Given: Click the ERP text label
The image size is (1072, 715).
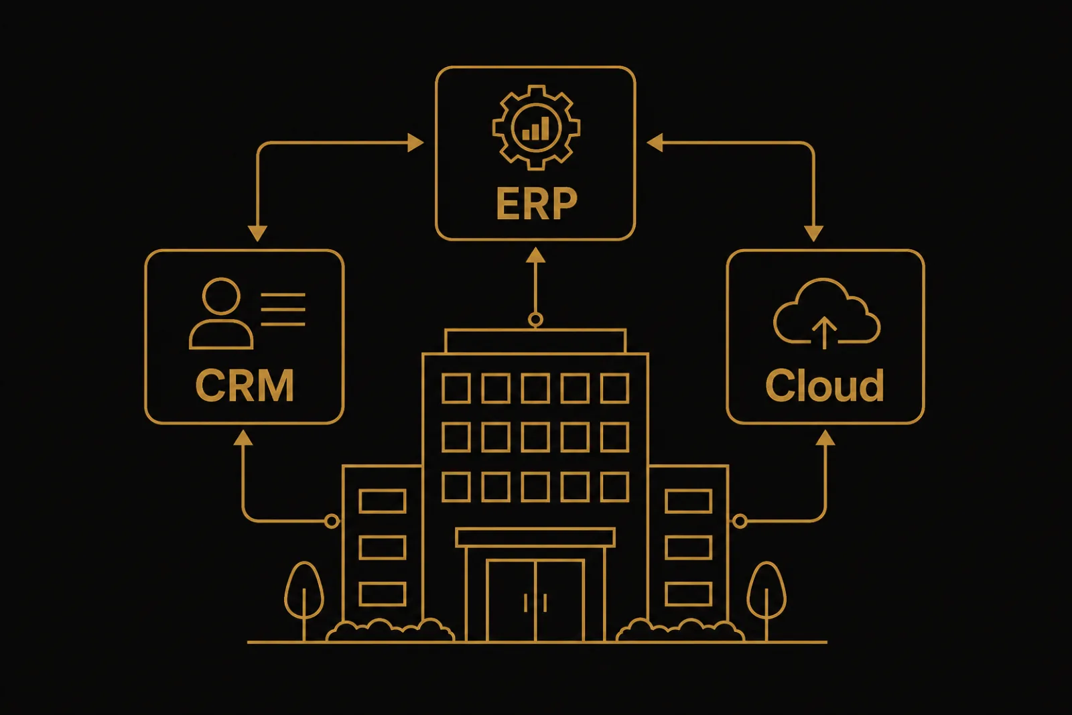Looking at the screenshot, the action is pyautogui.click(x=537, y=203).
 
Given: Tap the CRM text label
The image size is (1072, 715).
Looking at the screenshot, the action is pyautogui.click(x=245, y=385).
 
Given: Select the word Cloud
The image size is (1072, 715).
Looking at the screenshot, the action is pyautogui.click(x=825, y=385).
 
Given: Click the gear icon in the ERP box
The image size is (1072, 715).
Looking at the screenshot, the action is pyautogui.click(x=536, y=127).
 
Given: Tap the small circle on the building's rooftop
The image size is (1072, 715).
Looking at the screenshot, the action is pyautogui.click(x=535, y=319).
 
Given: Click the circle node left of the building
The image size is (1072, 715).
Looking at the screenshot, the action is pyautogui.click(x=332, y=521).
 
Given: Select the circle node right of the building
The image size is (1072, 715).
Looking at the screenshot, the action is pyautogui.click(x=740, y=521).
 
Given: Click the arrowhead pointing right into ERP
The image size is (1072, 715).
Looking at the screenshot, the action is pyautogui.click(x=415, y=143).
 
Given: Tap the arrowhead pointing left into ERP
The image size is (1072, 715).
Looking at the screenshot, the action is pyautogui.click(x=655, y=143).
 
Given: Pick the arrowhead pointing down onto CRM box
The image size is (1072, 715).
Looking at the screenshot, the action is pyautogui.click(x=257, y=234).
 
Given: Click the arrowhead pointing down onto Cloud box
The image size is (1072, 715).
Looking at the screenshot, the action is pyautogui.click(x=813, y=234).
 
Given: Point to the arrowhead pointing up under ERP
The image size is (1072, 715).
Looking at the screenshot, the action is pyautogui.click(x=535, y=255).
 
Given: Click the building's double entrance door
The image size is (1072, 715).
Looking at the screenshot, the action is pyautogui.click(x=535, y=600).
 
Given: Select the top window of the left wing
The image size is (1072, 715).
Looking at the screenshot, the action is pyautogui.click(x=383, y=501).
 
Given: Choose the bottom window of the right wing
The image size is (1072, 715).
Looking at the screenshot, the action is pyautogui.click(x=689, y=594).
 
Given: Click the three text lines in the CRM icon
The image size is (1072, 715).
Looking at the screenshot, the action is pyautogui.click(x=283, y=310).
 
